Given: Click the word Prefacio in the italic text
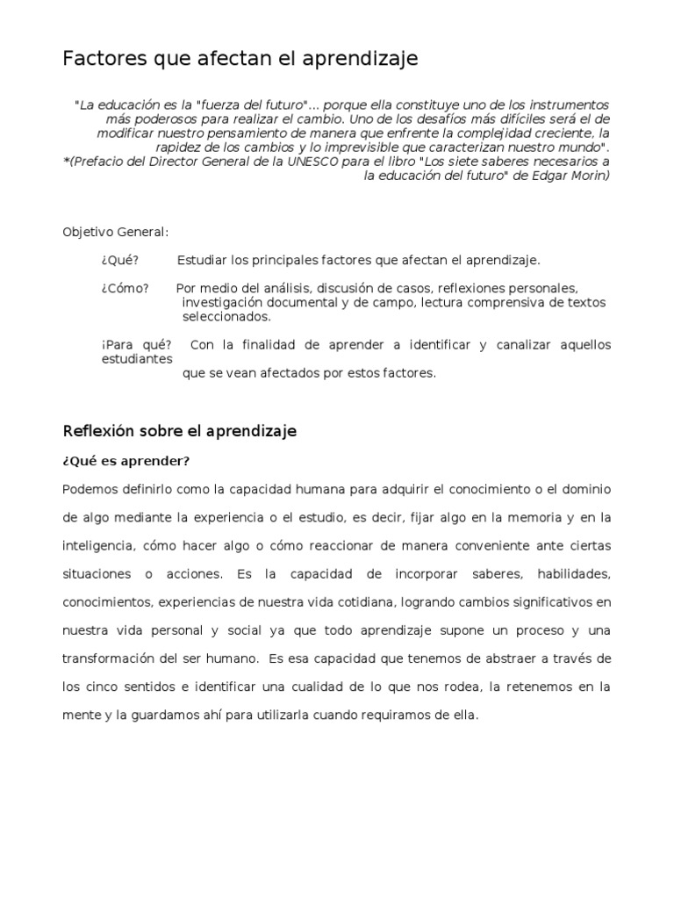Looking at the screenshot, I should (97, 162).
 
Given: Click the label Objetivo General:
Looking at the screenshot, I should (115, 232).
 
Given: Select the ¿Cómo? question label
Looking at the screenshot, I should (125, 288).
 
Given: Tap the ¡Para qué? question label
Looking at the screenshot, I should (136, 344).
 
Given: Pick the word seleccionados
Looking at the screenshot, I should (227, 316).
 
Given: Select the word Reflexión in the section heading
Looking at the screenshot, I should (96, 431).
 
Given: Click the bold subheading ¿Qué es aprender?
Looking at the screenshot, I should (126, 461).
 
